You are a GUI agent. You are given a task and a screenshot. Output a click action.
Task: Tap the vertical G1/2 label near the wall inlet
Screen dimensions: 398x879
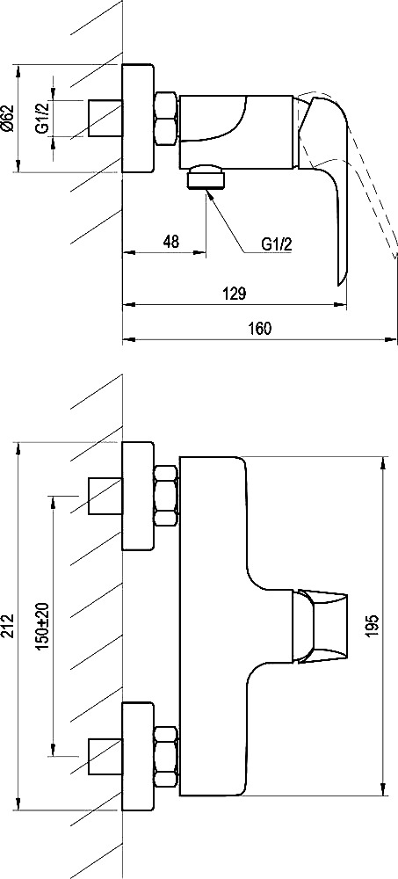(42, 119)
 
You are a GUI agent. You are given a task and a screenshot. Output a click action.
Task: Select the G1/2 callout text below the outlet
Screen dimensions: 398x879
(277, 243)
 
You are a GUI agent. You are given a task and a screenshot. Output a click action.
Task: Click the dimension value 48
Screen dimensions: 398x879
(171, 242)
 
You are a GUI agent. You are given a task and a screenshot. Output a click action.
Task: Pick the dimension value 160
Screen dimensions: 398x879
(260, 328)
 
